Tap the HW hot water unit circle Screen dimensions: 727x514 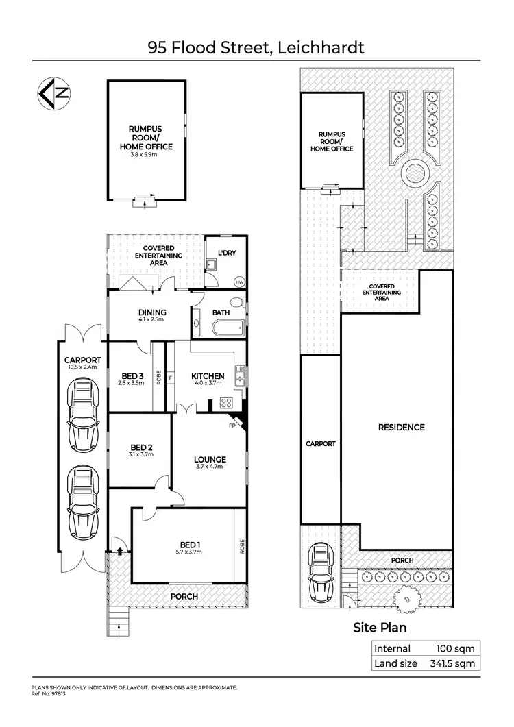[239, 282]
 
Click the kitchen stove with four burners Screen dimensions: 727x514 [226, 404]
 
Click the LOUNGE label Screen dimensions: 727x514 [210, 459]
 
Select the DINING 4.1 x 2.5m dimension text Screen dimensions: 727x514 [152, 319]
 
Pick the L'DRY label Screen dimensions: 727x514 [226, 253]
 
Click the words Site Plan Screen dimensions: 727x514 [380, 627]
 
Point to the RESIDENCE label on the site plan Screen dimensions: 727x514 [402, 427]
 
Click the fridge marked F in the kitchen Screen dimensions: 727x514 [170, 376]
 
